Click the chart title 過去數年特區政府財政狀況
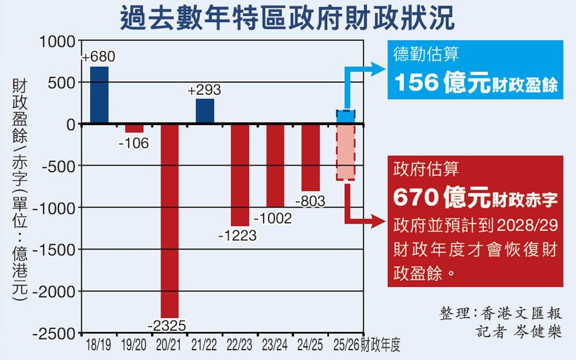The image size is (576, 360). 288,18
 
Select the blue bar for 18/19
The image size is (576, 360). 99,95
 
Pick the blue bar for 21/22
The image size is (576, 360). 204,111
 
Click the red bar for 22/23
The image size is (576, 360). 239,175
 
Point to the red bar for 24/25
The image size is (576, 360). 311,157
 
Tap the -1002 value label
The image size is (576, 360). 272,219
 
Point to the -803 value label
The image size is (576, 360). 310,201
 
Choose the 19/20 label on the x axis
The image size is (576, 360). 133,345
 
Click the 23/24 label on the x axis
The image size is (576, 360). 274,345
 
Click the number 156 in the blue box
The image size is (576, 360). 415,83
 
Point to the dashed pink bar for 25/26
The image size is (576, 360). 345,152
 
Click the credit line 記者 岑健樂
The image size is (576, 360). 519,332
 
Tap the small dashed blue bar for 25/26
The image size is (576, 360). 345,117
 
